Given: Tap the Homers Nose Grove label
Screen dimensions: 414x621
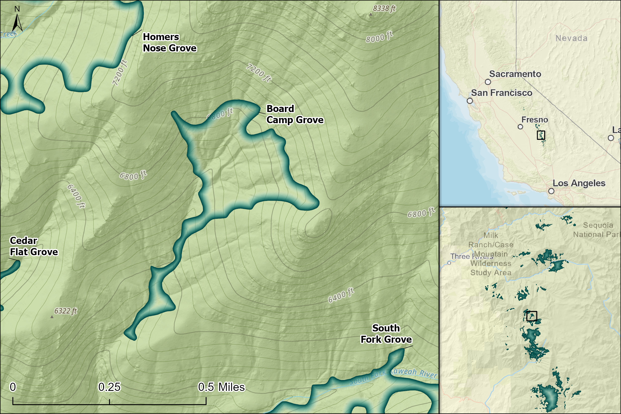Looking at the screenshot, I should pos(169,42).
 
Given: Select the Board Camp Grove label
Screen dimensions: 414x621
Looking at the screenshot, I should pos(294,114).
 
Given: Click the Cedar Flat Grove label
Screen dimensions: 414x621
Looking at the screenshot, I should pos(34,246).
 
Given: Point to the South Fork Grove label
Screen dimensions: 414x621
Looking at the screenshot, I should pos(386,334).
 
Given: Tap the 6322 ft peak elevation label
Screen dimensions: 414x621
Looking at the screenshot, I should pos(65,311).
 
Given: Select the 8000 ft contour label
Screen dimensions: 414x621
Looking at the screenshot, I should pos(379,37).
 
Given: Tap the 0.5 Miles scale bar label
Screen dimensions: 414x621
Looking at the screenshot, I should pos(221,387).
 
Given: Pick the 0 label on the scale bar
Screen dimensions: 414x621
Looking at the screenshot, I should pos(13,387).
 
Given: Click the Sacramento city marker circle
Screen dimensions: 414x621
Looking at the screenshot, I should pos(488,82).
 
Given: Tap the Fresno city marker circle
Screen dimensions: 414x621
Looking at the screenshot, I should pos(520,127).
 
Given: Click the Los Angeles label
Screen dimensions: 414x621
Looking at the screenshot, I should pos(579,183).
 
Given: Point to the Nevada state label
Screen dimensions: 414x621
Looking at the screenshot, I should pos(571,38).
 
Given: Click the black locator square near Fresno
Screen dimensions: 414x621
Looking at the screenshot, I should pos(541,135).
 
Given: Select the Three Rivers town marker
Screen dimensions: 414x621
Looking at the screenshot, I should pos(449,263).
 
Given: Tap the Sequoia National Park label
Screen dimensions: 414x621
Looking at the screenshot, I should pos(597,230).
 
